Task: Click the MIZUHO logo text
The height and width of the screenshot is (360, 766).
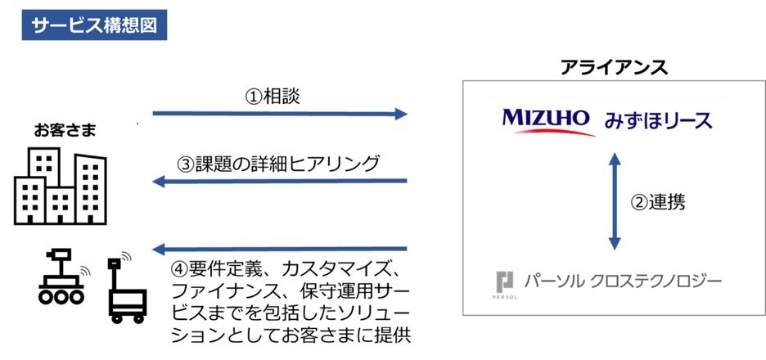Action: point(545,119)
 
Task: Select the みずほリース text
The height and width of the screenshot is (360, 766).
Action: point(659,121)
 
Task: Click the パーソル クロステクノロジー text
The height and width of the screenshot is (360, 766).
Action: point(627,281)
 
